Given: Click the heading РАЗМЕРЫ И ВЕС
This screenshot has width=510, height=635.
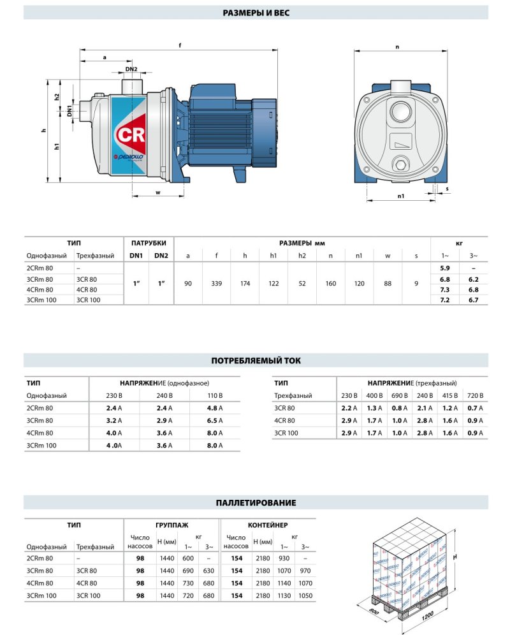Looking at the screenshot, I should click(255, 13).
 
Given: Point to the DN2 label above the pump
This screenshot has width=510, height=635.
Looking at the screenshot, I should click(132, 69).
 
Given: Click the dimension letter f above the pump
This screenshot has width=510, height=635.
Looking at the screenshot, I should click(181, 45).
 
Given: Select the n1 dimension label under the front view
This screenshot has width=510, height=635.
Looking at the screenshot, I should click(400, 196).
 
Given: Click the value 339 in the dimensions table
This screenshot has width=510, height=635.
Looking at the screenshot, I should click(216, 282).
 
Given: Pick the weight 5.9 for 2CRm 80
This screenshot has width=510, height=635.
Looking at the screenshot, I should click(446, 268).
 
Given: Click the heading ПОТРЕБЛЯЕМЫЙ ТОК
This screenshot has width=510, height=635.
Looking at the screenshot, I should click(255, 360).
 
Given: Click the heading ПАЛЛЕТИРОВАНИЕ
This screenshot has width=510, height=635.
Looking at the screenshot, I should click(255, 502).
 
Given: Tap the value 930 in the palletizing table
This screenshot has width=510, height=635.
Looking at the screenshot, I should click(284, 558).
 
